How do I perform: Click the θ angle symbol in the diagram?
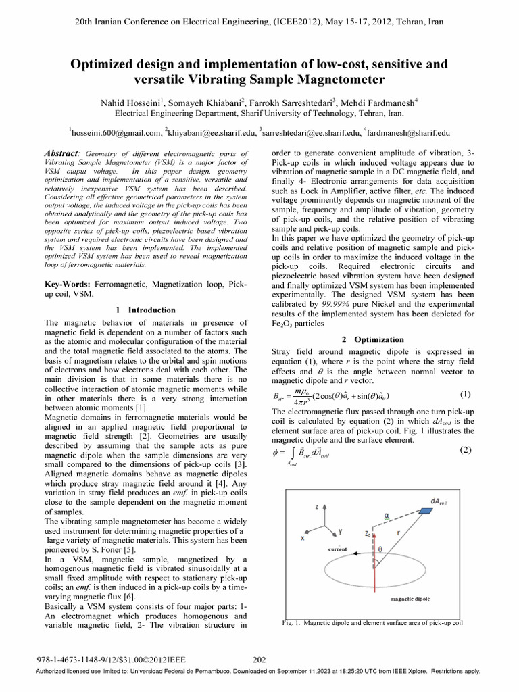click(x=380, y=550)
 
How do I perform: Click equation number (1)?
click(x=465, y=393)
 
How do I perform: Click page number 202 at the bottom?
click(x=259, y=660)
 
